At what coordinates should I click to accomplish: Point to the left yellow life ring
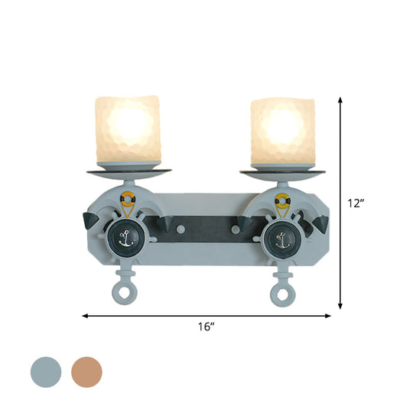pos(128,201)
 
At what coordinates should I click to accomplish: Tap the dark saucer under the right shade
pos(283,171)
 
